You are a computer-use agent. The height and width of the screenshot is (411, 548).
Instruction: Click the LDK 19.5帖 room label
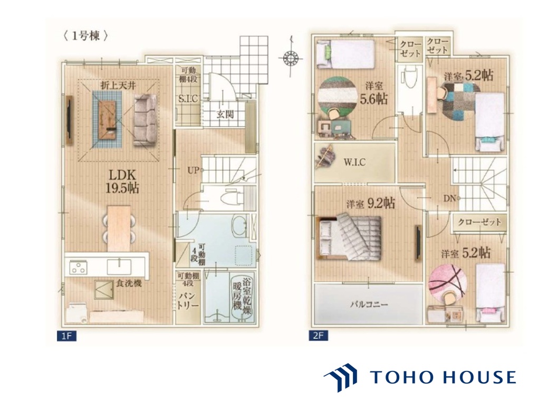click(x=122, y=181)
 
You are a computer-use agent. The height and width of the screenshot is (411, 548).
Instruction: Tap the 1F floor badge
click(x=66, y=336)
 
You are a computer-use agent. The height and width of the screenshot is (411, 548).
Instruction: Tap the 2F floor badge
click(x=318, y=336)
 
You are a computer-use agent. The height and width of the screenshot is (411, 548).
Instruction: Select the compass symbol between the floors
click(x=291, y=57)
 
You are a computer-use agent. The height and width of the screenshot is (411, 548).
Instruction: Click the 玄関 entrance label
click(x=225, y=114)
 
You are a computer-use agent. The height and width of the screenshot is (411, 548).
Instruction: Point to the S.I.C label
click(x=188, y=99)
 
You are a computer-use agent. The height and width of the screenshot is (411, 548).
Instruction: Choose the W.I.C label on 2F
click(x=354, y=162)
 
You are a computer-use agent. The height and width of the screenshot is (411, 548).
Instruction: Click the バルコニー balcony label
click(x=369, y=304)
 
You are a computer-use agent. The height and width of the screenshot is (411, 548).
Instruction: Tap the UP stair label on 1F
click(x=193, y=170)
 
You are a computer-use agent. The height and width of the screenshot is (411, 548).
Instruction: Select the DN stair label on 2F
click(x=450, y=198)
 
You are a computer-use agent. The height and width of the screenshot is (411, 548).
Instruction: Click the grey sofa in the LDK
click(x=145, y=120)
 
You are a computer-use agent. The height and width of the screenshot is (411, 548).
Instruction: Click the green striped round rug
click(x=337, y=95)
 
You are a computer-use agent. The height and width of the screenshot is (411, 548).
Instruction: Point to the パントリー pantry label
click(x=188, y=301)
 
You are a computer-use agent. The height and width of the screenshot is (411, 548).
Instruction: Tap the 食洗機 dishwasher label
click(x=129, y=283)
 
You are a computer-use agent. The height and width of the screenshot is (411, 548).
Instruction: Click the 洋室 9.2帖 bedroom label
click(x=371, y=203)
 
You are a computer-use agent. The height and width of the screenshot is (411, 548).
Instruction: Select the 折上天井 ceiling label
click(x=118, y=85)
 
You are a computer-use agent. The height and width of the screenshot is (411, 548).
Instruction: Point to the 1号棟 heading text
click(x=85, y=36)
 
